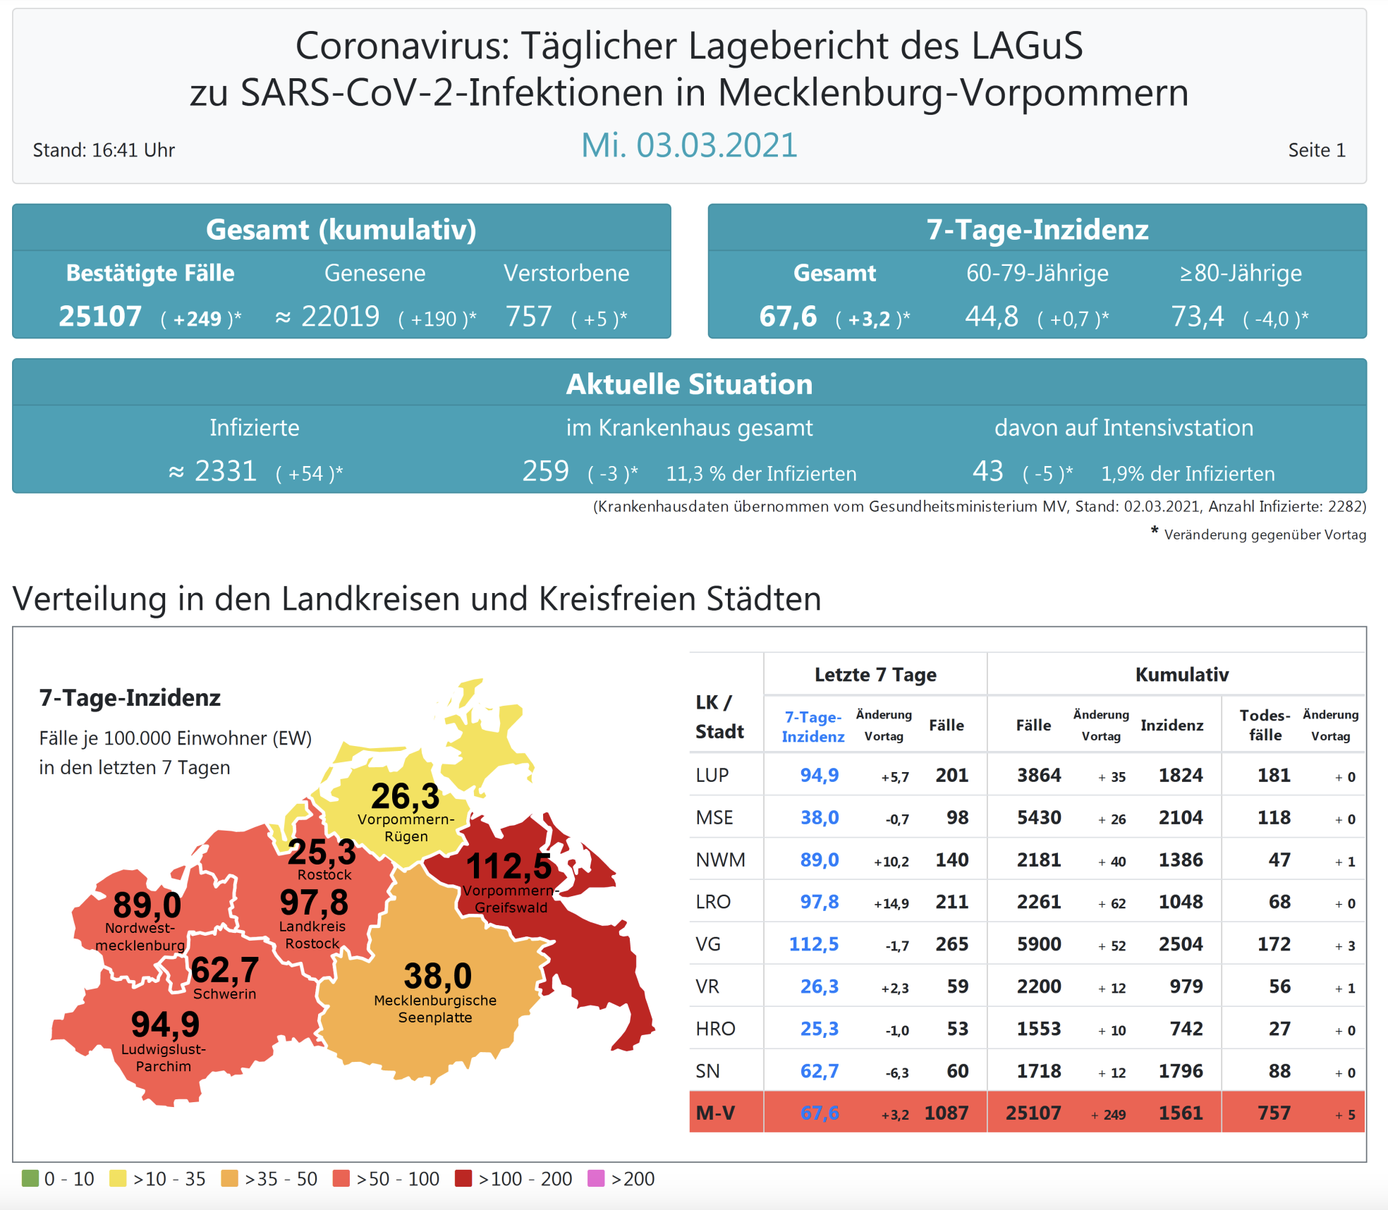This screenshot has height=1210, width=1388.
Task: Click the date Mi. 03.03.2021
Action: coord(689,146)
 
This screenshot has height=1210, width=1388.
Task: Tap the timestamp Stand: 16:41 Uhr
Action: coord(104,150)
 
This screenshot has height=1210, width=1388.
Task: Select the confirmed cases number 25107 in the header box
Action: coord(100,317)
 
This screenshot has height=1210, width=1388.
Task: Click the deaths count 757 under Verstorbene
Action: coord(528,317)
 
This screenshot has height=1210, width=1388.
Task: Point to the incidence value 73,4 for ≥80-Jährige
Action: coord(1198,317)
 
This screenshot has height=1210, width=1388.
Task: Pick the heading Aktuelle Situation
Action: coord(689,384)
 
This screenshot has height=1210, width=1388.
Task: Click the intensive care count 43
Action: coord(987,471)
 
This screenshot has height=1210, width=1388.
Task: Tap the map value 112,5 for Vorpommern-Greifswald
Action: coord(509,867)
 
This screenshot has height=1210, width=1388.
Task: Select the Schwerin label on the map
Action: coord(224,994)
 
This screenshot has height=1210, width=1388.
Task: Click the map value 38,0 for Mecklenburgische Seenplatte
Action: coord(437,977)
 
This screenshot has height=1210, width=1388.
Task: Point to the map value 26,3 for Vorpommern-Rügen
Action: coord(405,797)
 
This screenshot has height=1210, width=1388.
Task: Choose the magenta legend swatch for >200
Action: coord(596,1178)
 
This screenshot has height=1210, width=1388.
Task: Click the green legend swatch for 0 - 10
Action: coord(30,1178)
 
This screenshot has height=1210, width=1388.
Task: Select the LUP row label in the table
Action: coord(712,775)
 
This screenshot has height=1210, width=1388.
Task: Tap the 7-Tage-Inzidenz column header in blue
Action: coord(813,726)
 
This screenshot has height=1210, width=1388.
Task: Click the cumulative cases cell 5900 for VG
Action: coord(1038,944)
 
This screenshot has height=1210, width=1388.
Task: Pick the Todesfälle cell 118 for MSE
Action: coord(1274,817)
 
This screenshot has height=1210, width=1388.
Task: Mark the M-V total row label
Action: coord(715,1113)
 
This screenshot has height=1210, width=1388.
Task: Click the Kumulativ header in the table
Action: coord(1182,675)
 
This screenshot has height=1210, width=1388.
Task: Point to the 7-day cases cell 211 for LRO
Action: coord(951,902)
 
